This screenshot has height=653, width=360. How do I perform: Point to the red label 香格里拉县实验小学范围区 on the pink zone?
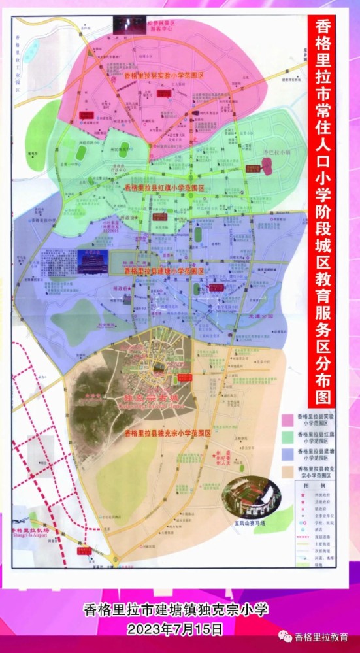tap(164, 76)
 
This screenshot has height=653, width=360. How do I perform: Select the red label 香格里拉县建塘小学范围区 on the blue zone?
tap(164, 270)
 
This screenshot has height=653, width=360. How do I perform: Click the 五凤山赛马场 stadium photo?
tap(251, 498)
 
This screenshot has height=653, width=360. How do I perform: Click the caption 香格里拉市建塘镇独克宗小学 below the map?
tap(176, 611)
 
